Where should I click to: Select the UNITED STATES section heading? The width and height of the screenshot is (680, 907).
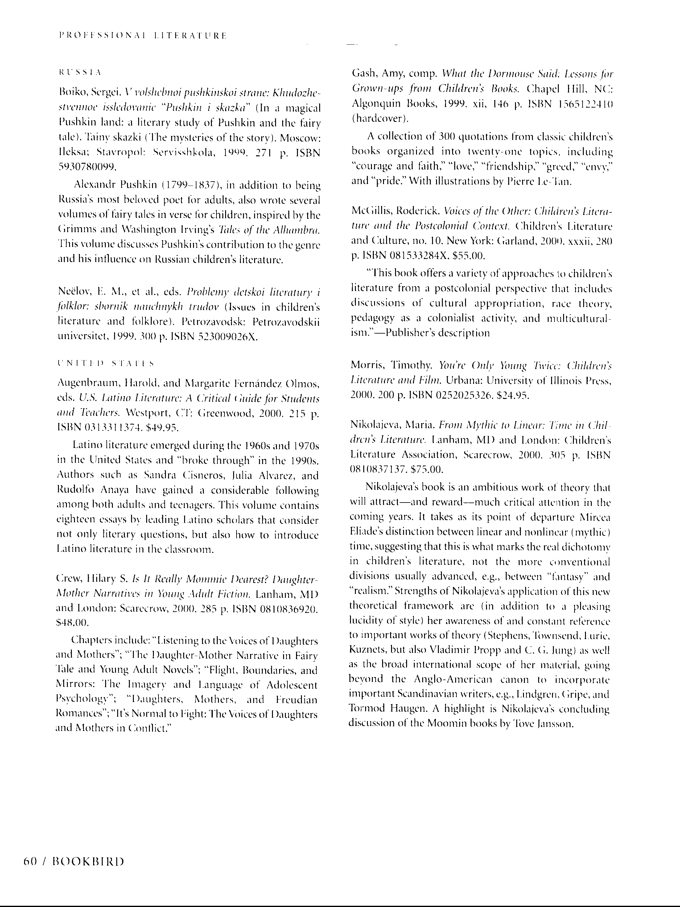click(106, 363)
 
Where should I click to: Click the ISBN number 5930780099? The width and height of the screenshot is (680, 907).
click(87, 167)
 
